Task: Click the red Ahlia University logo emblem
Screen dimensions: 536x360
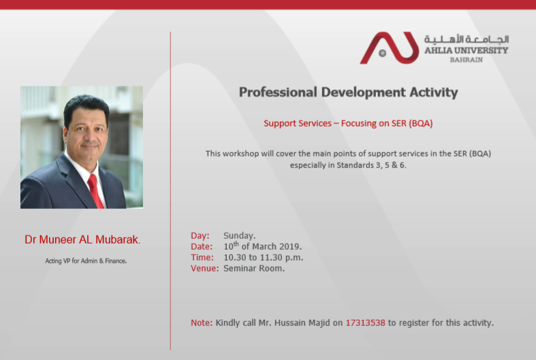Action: pyautogui.click(x=390, y=48)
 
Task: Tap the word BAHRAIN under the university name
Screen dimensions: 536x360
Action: pyautogui.click(x=467, y=60)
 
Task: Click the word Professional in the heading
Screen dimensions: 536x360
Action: pyautogui.click(x=278, y=93)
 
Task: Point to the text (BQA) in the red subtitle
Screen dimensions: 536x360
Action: pyautogui.click(x=421, y=123)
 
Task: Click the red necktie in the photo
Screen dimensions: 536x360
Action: pyautogui.click(x=95, y=191)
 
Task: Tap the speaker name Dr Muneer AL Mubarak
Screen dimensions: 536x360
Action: pyautogui.click(x=82, y=240)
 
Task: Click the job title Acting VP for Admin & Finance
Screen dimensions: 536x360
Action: pyautogui.click(x=86, y=261)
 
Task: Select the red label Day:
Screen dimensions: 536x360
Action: pyautogui.click(x=200, y=235)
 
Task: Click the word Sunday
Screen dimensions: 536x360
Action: pyautogui.click(x=239, y=236)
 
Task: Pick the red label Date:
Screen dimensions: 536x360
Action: pyautogui.click(x=202, y=246)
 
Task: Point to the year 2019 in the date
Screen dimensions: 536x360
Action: pyautogui.click(x=290, y=246)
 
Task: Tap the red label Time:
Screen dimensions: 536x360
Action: pyautogui.click(x=202, y=257)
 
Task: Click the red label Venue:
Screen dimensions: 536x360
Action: pyautogui.click(x=205, y=268)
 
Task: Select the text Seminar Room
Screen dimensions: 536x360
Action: pyautogui.click(x=254, y=268)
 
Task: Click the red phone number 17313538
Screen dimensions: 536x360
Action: pyautogui.click(x=366, y=323)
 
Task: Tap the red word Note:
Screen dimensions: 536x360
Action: pyautogui.click(x=202, y=323)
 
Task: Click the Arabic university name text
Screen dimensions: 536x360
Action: pyautogui.click(x=467, y=39)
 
